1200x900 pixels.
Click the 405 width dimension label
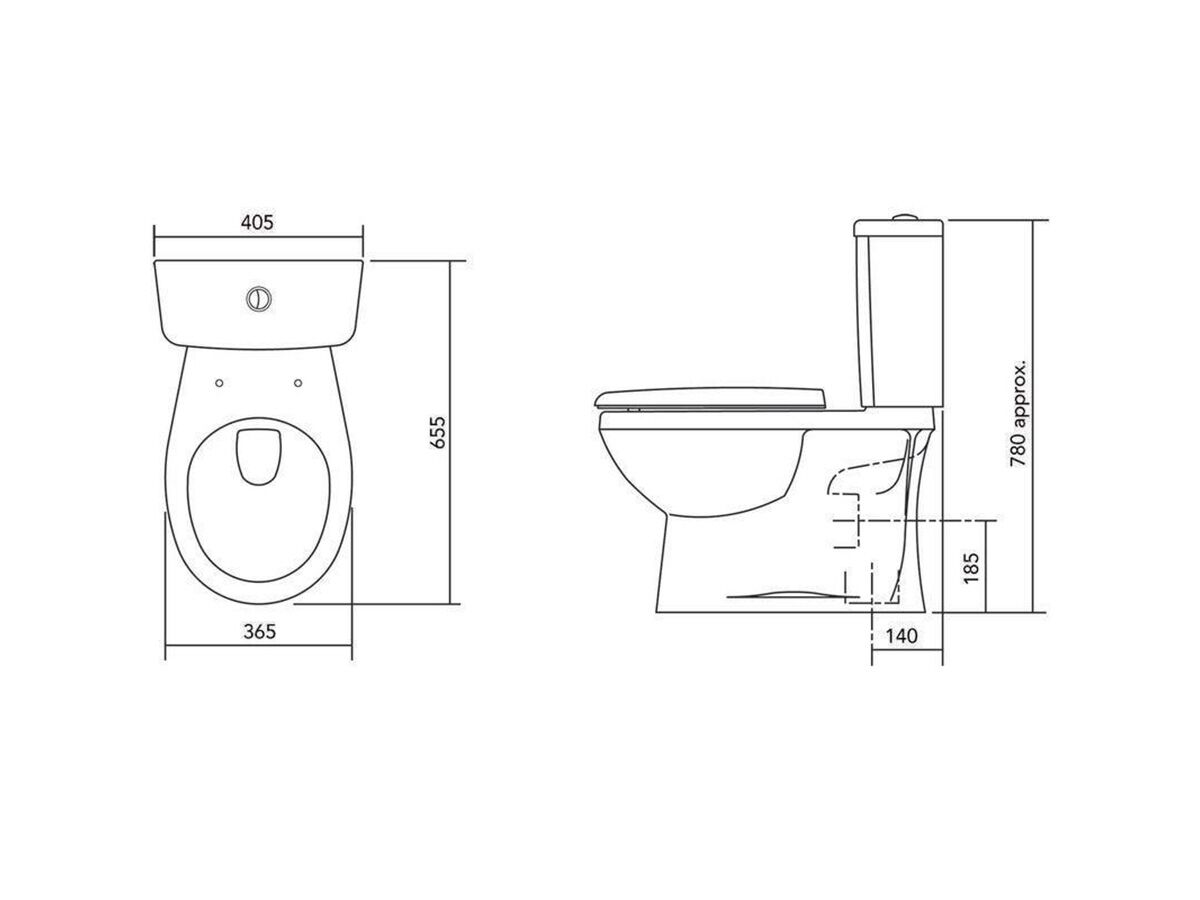coord(257,222)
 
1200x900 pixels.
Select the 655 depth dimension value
coord(436,431)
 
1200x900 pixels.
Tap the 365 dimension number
coord(258,631)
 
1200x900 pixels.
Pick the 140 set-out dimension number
coord(902,636)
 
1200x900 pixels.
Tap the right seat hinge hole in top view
coord(299,381)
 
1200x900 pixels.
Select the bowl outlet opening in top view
coord(258,454)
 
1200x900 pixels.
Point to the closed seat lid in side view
coord(710,395)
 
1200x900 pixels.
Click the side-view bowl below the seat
coord(700,460)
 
